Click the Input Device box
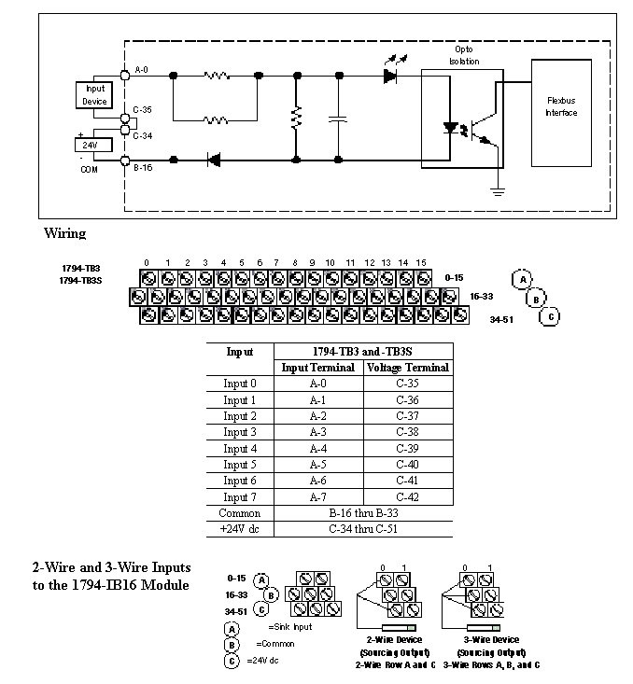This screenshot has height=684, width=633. point(94,95)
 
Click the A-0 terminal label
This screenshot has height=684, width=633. point(141,70)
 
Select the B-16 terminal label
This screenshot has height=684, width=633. point(143,169)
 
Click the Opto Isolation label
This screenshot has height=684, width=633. point(466,55)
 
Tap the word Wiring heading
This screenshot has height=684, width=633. point(64,232)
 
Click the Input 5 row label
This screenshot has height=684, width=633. point(240,465)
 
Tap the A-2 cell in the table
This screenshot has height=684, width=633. point(318,416)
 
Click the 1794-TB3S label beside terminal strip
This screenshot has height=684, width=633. point(80,280)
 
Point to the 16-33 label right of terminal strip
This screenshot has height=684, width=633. point(481,296)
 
